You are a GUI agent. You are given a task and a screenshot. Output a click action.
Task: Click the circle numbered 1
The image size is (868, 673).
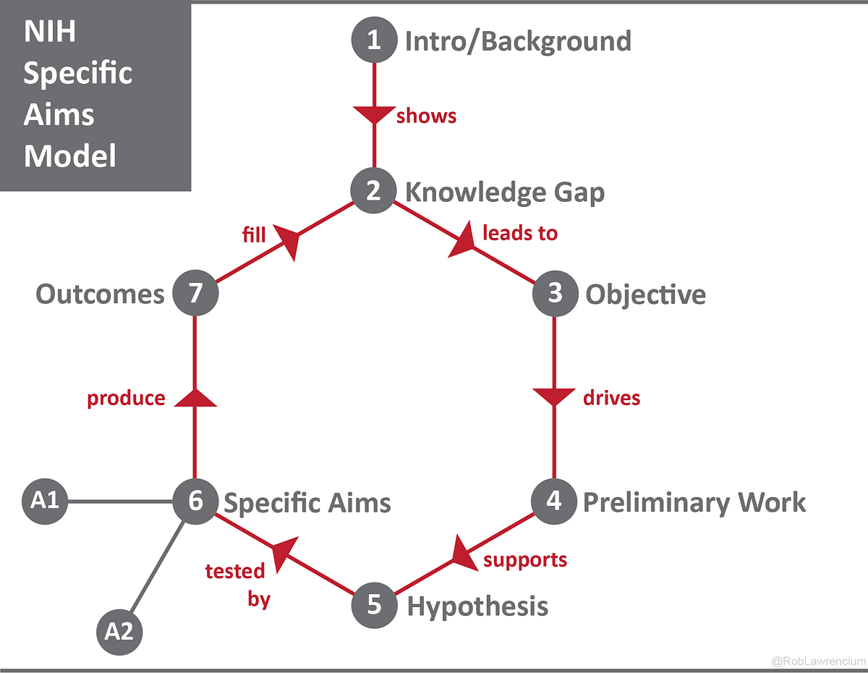point(373,40)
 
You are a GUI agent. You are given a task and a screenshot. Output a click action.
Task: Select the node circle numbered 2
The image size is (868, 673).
point(373,191)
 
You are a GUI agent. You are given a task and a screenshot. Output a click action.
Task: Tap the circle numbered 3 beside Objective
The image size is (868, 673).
point(554,294)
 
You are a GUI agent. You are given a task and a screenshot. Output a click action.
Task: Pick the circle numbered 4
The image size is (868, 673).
point(553,501)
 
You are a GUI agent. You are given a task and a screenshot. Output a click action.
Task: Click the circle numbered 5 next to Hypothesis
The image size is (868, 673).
point(374,605)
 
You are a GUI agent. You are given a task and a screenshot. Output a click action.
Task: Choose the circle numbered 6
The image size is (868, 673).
point(195,501)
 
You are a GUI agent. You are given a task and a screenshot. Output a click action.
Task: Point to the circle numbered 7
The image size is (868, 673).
point(195,294)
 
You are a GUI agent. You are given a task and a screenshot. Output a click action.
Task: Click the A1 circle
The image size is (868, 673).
point(45,500)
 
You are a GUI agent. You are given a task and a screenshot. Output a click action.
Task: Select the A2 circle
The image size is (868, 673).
point(119,632)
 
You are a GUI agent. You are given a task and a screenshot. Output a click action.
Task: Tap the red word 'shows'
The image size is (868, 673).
point(426,116)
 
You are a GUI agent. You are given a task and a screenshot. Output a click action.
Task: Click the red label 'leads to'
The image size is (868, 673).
point(519,233)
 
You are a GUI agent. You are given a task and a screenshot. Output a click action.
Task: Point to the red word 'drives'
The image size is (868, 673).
point(611,397)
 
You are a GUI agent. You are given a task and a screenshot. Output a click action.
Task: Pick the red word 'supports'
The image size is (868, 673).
point(525,559)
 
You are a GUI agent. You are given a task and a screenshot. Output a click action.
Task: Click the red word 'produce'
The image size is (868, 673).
point(126,398)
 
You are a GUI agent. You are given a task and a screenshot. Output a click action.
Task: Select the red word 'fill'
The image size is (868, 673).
point(254,234)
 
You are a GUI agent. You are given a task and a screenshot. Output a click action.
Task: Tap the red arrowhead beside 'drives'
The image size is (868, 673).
point(554,397)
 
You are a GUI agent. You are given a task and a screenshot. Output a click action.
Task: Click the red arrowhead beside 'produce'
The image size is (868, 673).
point(195,397)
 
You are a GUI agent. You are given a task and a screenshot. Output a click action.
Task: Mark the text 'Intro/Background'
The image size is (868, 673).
point(518,41)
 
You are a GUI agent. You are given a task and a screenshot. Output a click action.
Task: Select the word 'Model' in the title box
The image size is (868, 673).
point(69,155)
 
